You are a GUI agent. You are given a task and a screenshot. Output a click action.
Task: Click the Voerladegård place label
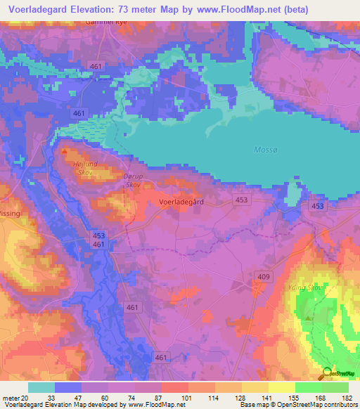pos(181,201)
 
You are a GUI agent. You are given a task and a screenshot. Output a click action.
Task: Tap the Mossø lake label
pos(263,150)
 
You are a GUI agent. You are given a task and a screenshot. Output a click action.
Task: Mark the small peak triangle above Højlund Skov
pos(65,150)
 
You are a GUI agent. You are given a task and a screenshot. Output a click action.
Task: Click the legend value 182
pos(347,398)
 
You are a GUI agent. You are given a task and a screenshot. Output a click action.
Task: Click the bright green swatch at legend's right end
pos(335,387)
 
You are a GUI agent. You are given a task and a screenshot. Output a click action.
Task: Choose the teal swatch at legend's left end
pos(41,387)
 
